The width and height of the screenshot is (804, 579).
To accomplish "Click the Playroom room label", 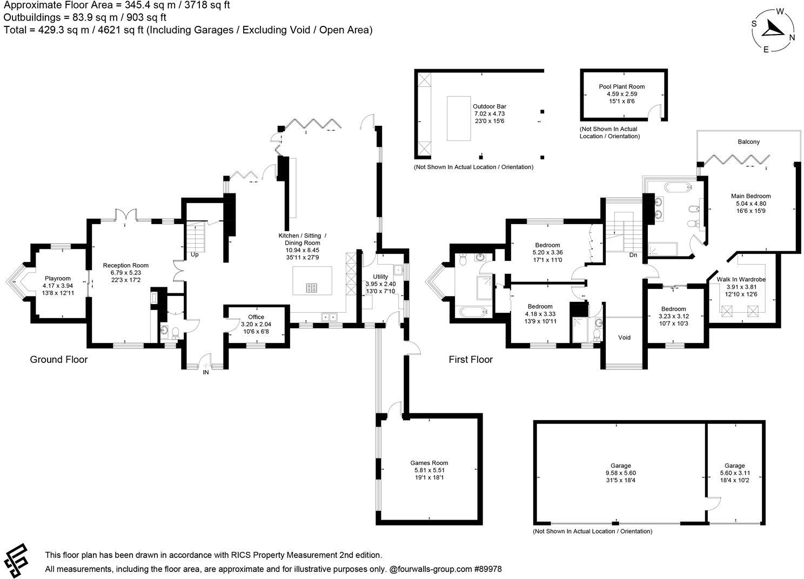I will [x=57, y=278].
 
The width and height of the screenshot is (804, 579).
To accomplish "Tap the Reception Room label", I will [x=125, y=265].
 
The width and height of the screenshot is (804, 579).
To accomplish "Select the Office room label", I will [x=256, y=317].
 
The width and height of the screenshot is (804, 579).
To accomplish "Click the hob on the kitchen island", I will [x=312, y=288].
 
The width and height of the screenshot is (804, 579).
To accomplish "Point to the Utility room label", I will [x=380, y=277].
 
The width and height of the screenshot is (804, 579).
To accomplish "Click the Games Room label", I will [x=429, y=463].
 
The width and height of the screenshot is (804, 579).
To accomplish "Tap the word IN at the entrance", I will [x=205, y=372].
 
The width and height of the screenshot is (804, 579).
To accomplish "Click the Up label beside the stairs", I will [x=194, y=254].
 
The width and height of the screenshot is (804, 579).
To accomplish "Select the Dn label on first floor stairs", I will [x=633, y=254].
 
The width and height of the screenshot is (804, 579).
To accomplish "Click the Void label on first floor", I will [x=624, y=338].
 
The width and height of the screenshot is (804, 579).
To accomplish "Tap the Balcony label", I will [x=748, y=142].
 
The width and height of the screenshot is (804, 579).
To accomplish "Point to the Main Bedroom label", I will [x=751, y=196].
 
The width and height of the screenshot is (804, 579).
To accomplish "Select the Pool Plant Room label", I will [x=621, y=86].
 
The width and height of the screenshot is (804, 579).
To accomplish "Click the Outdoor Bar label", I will [x=489, y=107].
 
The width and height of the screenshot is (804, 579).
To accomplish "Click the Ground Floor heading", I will [x=58, y=360].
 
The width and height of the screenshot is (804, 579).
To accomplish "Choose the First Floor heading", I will [x=471, y=360].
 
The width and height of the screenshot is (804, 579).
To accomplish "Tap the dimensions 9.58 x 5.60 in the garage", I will [x=621, y=473].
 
